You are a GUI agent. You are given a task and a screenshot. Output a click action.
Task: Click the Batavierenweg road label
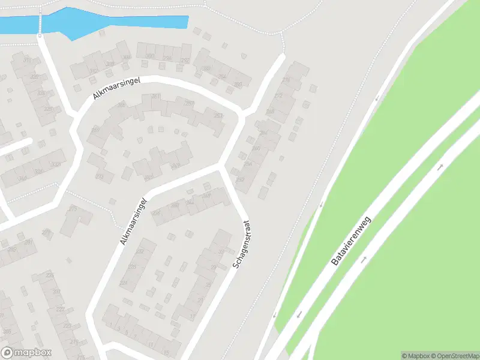click(x=352, y=241)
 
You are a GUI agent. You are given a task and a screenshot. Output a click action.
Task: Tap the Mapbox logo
click(x=26, y=352)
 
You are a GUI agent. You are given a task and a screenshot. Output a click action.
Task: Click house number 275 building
click(x=73, y=209)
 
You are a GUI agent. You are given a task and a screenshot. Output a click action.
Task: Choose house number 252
click(x=241, y=179)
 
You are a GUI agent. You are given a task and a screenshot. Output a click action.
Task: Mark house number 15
click(x=166, y=352)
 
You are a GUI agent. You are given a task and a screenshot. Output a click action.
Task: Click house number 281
click(x=156, y=96)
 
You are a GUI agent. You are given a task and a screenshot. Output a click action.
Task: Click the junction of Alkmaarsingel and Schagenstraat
click(x=221, y=166)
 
